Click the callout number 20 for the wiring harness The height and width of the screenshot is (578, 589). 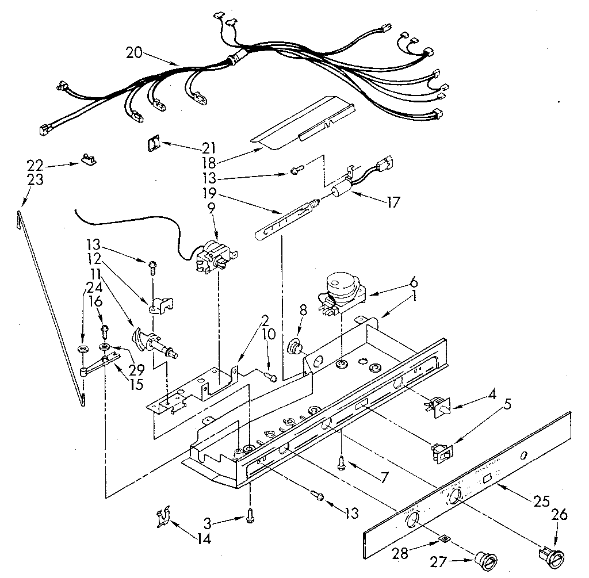click(133, 53)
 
